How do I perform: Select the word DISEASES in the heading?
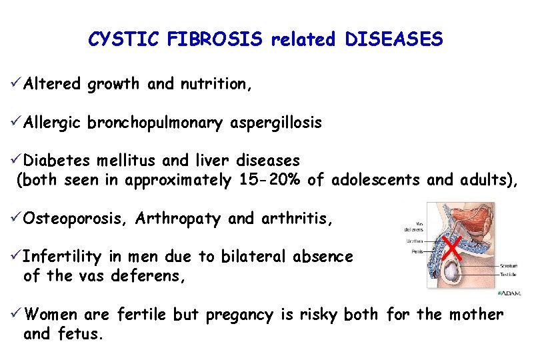394,40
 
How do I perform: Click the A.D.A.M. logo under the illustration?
510,293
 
